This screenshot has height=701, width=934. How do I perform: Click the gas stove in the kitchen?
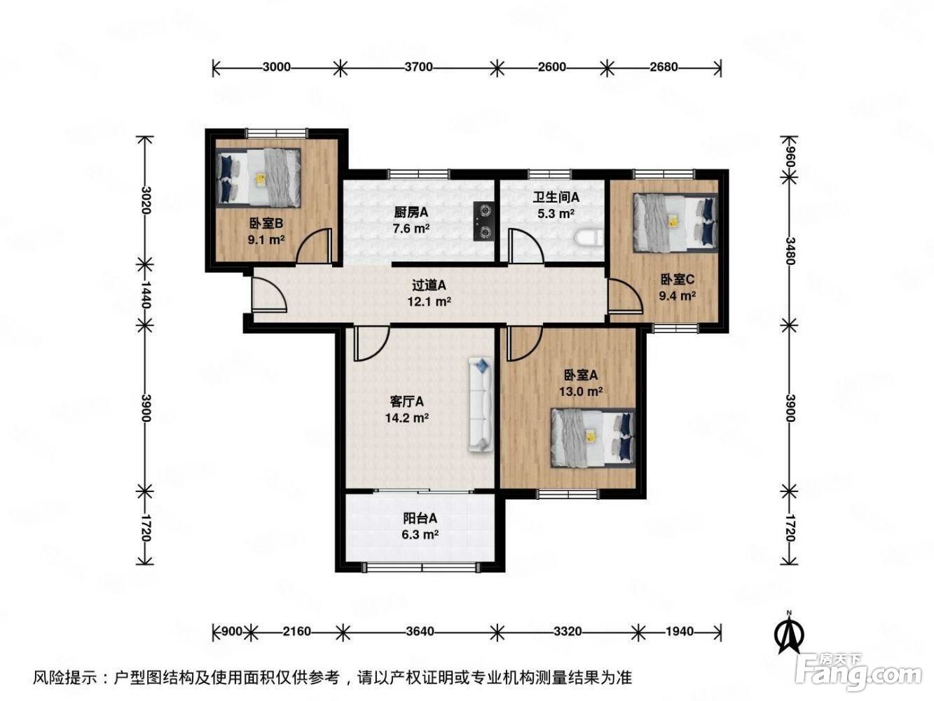point(483,222)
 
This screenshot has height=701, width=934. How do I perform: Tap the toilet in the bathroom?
point(589,238)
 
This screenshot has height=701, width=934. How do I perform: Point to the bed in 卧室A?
point(592,438)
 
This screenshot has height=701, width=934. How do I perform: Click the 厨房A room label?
point(411,212)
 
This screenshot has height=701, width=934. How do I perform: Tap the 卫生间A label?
point(556,197)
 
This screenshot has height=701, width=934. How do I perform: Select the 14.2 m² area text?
point(407,418)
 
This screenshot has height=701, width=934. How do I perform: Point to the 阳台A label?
point(420,518)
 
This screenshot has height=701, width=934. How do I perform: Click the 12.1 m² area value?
point(429,301)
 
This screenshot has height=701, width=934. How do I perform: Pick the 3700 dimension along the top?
point(419,67)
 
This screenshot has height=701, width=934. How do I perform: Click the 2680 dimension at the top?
point(664,67)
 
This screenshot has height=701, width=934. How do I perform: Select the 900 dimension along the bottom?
point(231,631)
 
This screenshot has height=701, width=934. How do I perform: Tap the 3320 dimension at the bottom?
point(568,631)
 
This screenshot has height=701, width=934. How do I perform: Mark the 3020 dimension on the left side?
point(146,200)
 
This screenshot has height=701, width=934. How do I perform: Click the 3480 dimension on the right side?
point(790,251)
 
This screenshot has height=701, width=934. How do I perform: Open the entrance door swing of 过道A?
point(269,294)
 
